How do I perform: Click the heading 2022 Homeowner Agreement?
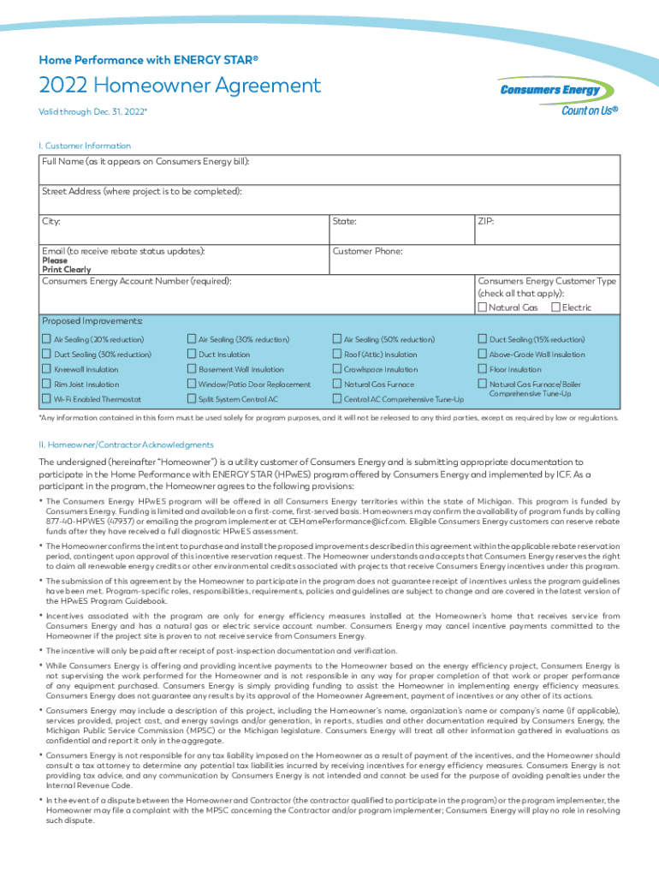180,86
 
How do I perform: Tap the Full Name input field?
329,176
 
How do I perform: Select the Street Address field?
329,205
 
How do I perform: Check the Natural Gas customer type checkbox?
483,307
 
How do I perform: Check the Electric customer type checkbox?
556,307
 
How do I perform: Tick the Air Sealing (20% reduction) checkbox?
47,339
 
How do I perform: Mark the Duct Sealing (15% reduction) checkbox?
483,339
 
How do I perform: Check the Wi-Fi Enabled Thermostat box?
47,399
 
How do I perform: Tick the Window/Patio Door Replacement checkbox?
192,385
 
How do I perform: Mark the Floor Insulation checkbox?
483,369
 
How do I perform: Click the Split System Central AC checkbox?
192,399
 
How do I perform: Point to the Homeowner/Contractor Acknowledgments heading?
128,445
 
